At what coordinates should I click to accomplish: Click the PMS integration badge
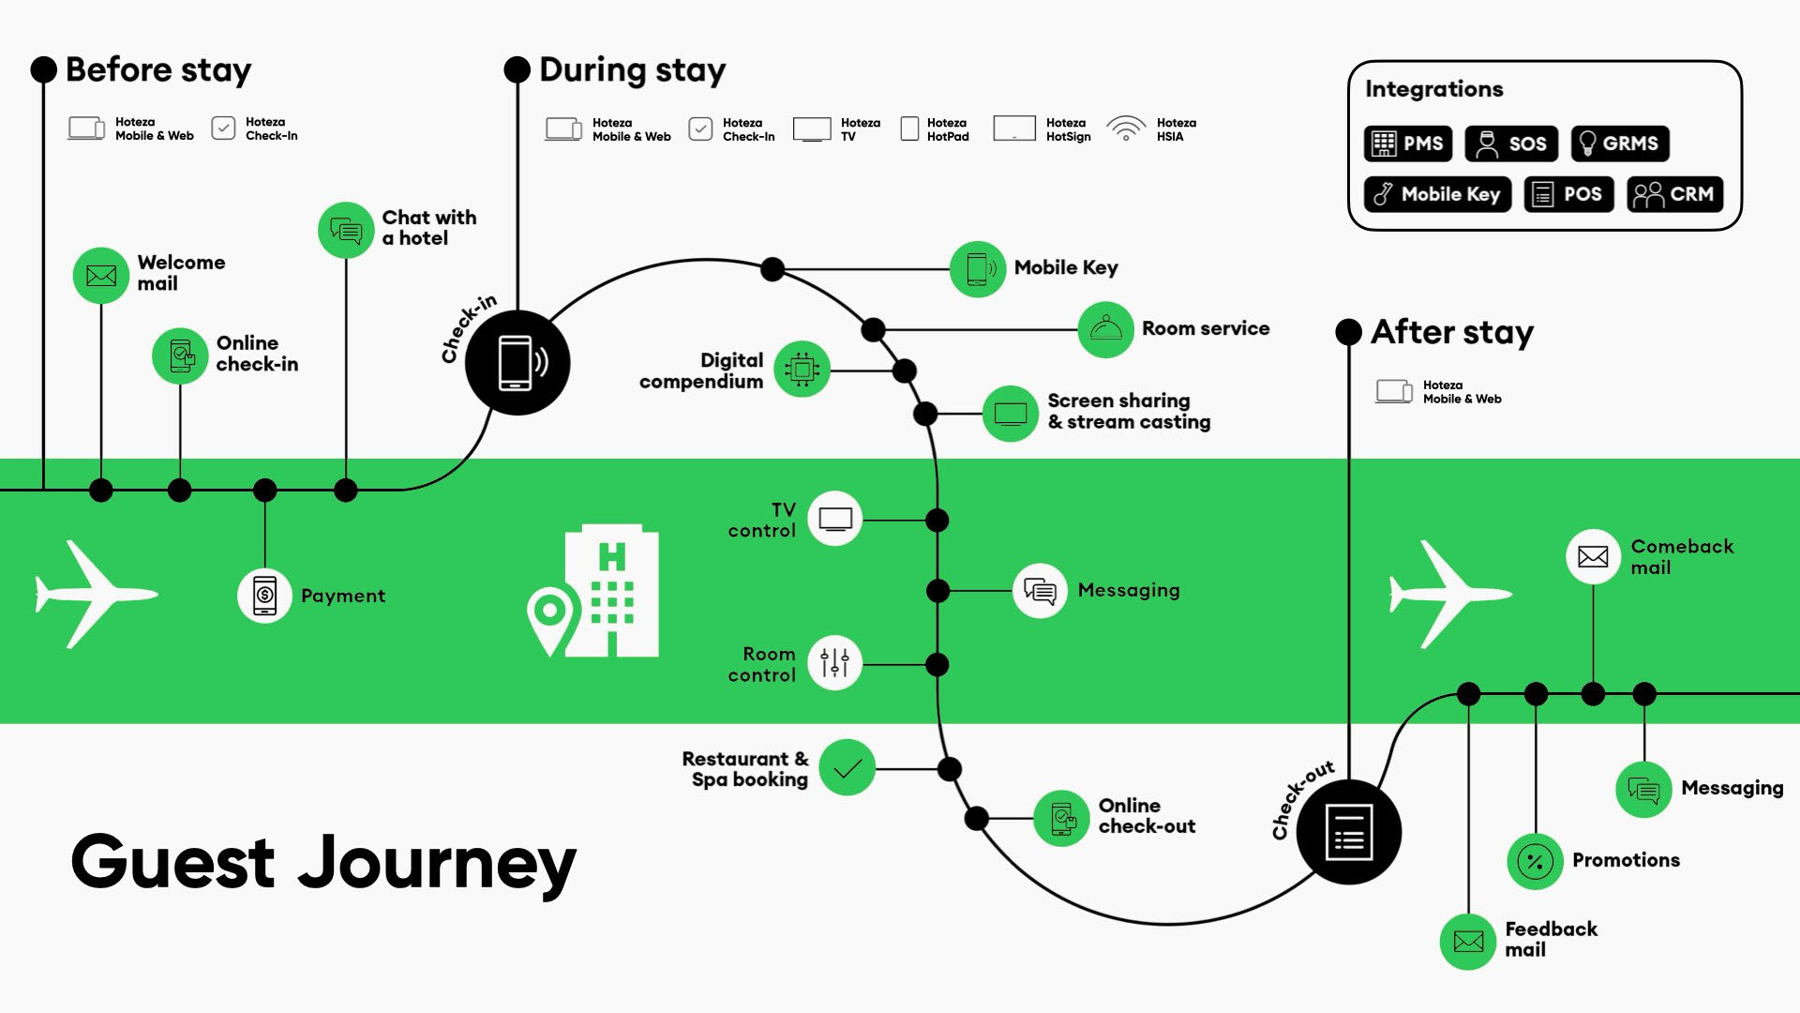(1407, 144)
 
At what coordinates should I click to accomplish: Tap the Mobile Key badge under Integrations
(1436, 194)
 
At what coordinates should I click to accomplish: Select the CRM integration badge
(1674, 194)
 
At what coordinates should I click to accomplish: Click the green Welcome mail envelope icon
(101, 276)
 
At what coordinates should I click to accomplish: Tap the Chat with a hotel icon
(346, 230)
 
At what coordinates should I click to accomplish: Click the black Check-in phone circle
(517, 362)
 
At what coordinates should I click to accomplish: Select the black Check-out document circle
(1348, 832)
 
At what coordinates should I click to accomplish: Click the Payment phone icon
(265, 595)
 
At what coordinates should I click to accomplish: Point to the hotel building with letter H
(611, 591)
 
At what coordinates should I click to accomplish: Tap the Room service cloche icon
(1106, 329)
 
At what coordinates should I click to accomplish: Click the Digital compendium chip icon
(802, 370)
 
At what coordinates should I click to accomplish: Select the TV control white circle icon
(834, 519)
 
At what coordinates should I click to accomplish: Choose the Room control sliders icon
(834, 663)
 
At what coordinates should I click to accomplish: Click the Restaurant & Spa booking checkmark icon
(847, 768)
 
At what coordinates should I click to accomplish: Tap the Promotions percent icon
(1535, 861)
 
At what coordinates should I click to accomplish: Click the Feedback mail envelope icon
(1468, 941)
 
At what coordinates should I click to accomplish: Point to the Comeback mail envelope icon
(1593, 556)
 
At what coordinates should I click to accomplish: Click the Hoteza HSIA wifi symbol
(1126, 129)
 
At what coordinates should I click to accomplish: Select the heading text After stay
(1451, 332)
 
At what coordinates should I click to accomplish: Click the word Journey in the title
(437, 863)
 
